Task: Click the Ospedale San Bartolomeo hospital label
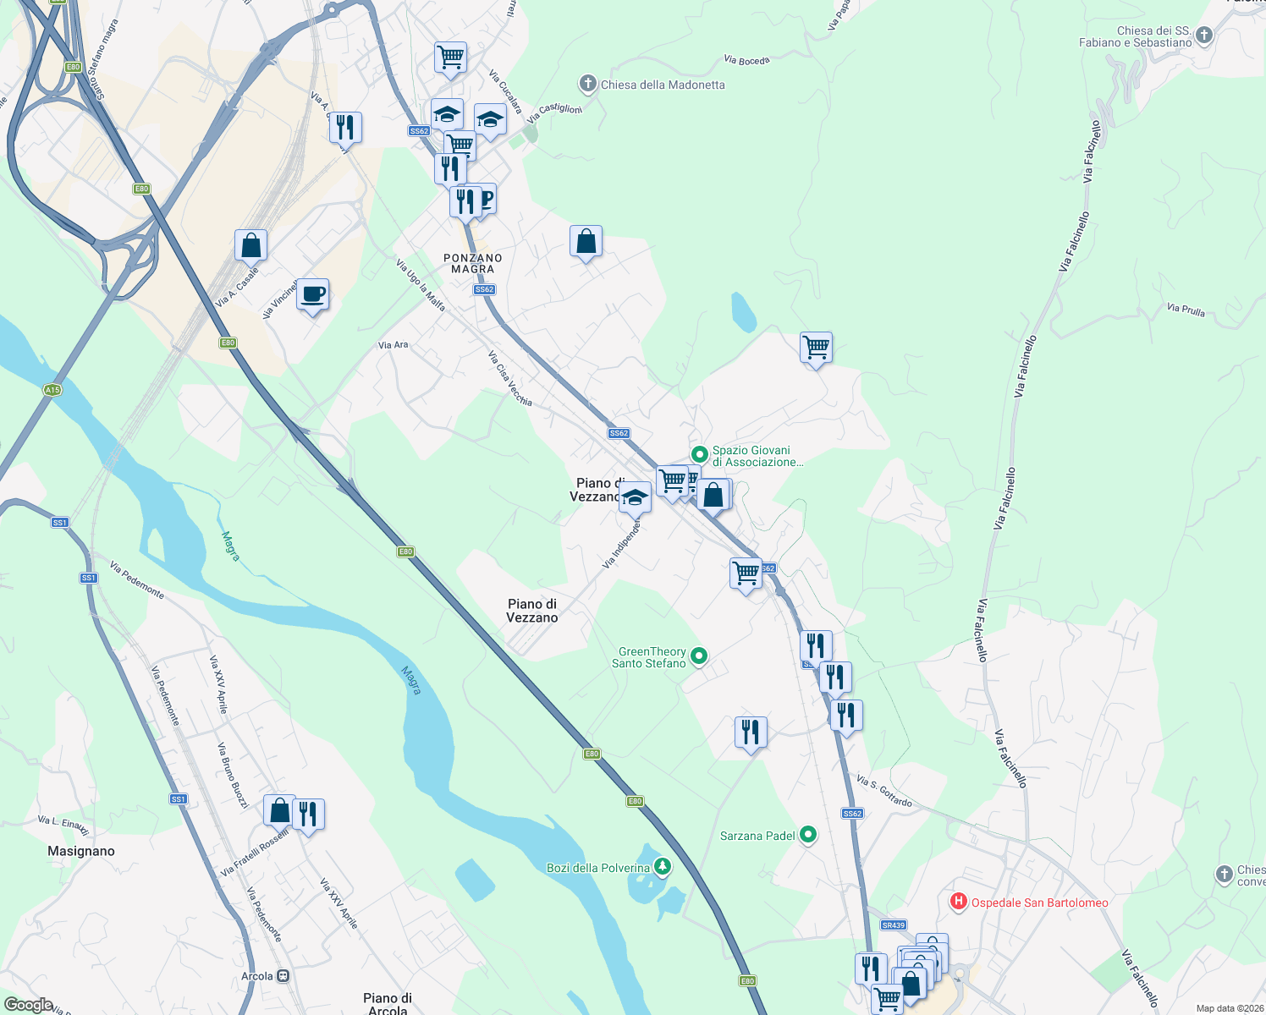pyautogui.click(x=1039, y=903)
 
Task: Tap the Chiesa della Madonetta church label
pyautogui.click(x=662, y=85)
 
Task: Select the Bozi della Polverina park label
pyautogui.click(x=598, y=868)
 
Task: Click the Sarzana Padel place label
pyautogui.click(x=757, y=836)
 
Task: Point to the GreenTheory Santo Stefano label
pyautogui.click(x=652, y=657)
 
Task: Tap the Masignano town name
pyautogui.click(x=81, y=851)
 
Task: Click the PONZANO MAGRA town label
pyautogui.click(x=473, y=263)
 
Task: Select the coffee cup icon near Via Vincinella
pyautogui.click(x=313, y=295)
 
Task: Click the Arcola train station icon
pyautogui.click(x=283, y=976)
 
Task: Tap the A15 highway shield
pyautogui.click(x=52, y=390)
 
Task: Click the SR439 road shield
pyautogui.click(x=894, y=925)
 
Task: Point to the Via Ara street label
pyautogui.click(x=393, y=345)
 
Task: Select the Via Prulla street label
pyautogui.click(x=1186, y=310)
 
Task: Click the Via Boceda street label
pyautogui.click(x=747, y=60)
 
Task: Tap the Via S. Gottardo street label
pyautogui.click(x=884, y=791)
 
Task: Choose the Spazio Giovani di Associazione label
pyautogui.click(x=757, y=456)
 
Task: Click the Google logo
pyautogui.click(x=28, y=1005)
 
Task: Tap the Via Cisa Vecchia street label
pyautogui.click(x=510, y=378)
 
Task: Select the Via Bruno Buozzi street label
pyautogui.click(x=233, y=775)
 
